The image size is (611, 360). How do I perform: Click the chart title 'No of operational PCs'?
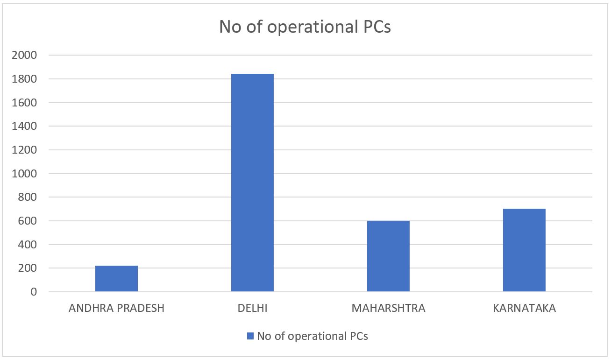(x=305, y=27)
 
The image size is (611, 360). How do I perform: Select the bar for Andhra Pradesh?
(x=116, y=279)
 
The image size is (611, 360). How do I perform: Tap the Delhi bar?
(x=252, y=183)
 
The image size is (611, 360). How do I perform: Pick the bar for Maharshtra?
(x=388, y=256)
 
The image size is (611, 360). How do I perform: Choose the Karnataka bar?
(x=524, y=250)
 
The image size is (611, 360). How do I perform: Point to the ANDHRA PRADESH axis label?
(x=116, y=309)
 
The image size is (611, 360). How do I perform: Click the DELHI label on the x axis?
(x=252, y=309)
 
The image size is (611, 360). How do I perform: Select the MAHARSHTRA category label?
(x=388, y=309)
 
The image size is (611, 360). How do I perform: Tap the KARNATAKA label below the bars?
(x=524, y=309)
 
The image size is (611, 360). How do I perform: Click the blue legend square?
(x=250, y=336)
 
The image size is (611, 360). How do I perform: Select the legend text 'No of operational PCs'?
(x=312, y=336)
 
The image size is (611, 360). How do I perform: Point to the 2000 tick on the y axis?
(x=27, y=55)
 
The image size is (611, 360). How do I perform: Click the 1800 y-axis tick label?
(x=27, y=79)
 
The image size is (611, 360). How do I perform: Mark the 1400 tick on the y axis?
(x=27, y=126)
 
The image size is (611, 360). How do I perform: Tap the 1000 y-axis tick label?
(x=27, y=174)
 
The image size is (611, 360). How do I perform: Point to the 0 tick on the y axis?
(x=34, y=292)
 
